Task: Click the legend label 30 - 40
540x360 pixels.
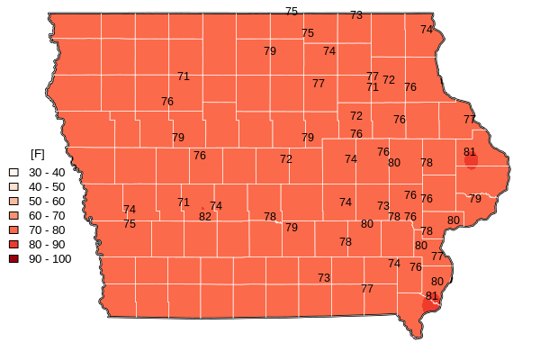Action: pyautogui.click(x=47, y=172)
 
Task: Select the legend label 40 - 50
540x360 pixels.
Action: pyautogui.click(x=47, y=186)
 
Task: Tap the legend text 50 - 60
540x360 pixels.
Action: pyautogui.click(x=47, y=201)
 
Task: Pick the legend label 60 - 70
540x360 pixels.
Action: pyautogui.click(x=47, y=215)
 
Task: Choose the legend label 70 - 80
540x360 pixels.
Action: pyautogui.click(x=47, y=229)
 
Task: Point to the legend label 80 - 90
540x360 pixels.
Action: pyautogui.click(x=47, y=244)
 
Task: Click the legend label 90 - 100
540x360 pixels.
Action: pyautogui.click(x=49, y=258)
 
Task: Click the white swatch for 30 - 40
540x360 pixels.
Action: pyautogui.click(x=13, y=172)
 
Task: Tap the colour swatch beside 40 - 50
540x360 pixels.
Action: pyautogui.click(x=13, y=186)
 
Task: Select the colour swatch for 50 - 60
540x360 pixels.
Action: pyautogui.click(x=13, y=201)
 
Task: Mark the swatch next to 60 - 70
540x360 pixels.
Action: pyautogui.click(x=13, y=215)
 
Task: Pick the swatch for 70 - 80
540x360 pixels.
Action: pyautogui.click(x=13, y=229)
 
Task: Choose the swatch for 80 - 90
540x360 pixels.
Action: pyautogui.click(x=13, y=244)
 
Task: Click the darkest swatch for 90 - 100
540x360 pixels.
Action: pyautogui.click(x=13, y=258)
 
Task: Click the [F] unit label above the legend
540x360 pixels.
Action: pyautogui.click(x=37, y=154)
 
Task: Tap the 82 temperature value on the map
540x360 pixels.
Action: pyautogui.click(x=205, y=217)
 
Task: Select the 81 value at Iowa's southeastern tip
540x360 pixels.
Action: pyautogui.click(x=432, y=295)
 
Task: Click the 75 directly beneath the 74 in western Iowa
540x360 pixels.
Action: pyautogui.click(x=130, y=224)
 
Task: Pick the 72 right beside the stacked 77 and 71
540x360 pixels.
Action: pyautogui.click(x=389, y=80)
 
